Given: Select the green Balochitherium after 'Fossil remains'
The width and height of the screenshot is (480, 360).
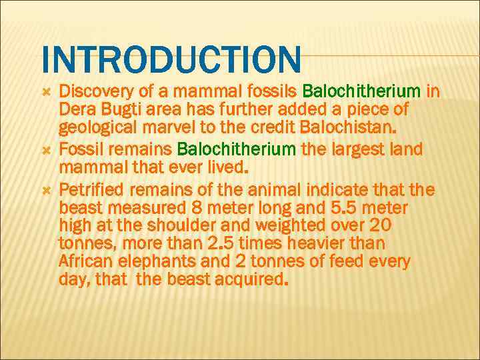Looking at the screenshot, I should (238, 149).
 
